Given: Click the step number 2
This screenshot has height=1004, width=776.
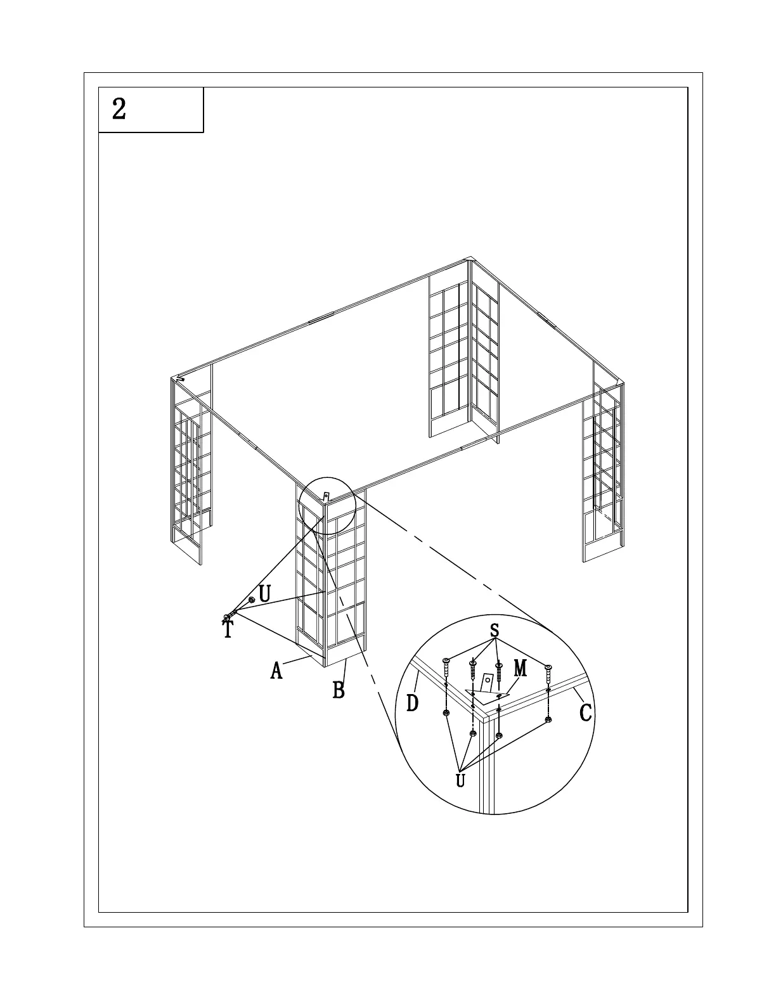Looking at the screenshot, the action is [119, 109].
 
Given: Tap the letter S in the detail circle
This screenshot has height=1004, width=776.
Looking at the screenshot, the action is [495, 631].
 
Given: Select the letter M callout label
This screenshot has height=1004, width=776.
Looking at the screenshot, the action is [520, 667].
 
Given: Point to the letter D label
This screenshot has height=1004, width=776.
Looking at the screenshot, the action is [412, 702].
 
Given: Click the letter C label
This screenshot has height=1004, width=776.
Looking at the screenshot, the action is [586, 712].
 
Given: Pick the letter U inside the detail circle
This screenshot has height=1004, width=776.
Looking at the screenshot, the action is [461, 780].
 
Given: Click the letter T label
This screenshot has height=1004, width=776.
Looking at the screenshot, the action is [228, 630].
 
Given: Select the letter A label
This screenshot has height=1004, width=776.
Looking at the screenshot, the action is [276, 670].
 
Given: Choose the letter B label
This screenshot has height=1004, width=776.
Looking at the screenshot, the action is [339, 690].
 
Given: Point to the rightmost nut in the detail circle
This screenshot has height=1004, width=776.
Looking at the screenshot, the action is [548, 719].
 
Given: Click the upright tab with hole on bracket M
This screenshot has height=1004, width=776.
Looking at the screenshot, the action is [488, 682].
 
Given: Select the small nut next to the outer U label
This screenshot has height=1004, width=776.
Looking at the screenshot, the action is [252, 599].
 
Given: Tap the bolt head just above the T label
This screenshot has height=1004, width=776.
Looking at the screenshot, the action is [226, 617].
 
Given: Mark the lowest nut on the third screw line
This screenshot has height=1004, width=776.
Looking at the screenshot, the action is [499, 735].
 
